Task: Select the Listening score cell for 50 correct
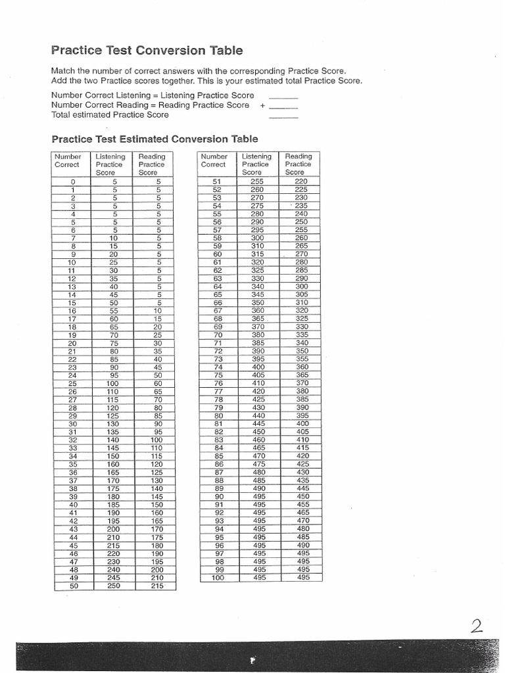click(114, 586)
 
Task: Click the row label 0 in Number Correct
click(73, 181)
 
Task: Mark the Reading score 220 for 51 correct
click(301, 181)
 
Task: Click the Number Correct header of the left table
click(68, 161)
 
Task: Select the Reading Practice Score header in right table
click(299, 164)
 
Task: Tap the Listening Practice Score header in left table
click(109, 164)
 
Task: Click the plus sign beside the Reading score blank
click(262, 105)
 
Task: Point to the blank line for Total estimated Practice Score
click(283, 116)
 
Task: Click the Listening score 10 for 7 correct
click(114, 238)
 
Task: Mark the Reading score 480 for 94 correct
click(302, 529)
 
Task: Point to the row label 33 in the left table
click(73, 448)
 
